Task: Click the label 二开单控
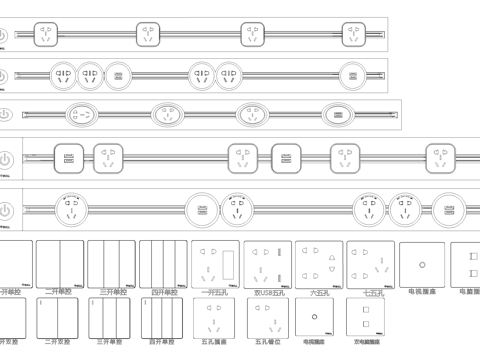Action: click(59, 292)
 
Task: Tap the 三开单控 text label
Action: click(112, 292)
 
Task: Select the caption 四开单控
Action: click(163, 292)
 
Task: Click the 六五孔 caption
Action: click(319, 293)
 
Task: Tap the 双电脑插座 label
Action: click(369, 342)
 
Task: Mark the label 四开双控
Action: click(163, 342)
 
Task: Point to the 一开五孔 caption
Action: click(216, 293)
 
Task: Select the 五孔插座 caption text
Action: click(216, 342)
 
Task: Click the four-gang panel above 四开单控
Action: click(163, 263)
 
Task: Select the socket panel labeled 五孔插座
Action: click(217, 318)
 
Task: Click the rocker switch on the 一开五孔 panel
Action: click(231, 263)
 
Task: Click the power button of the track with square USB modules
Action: click(6, 159)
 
